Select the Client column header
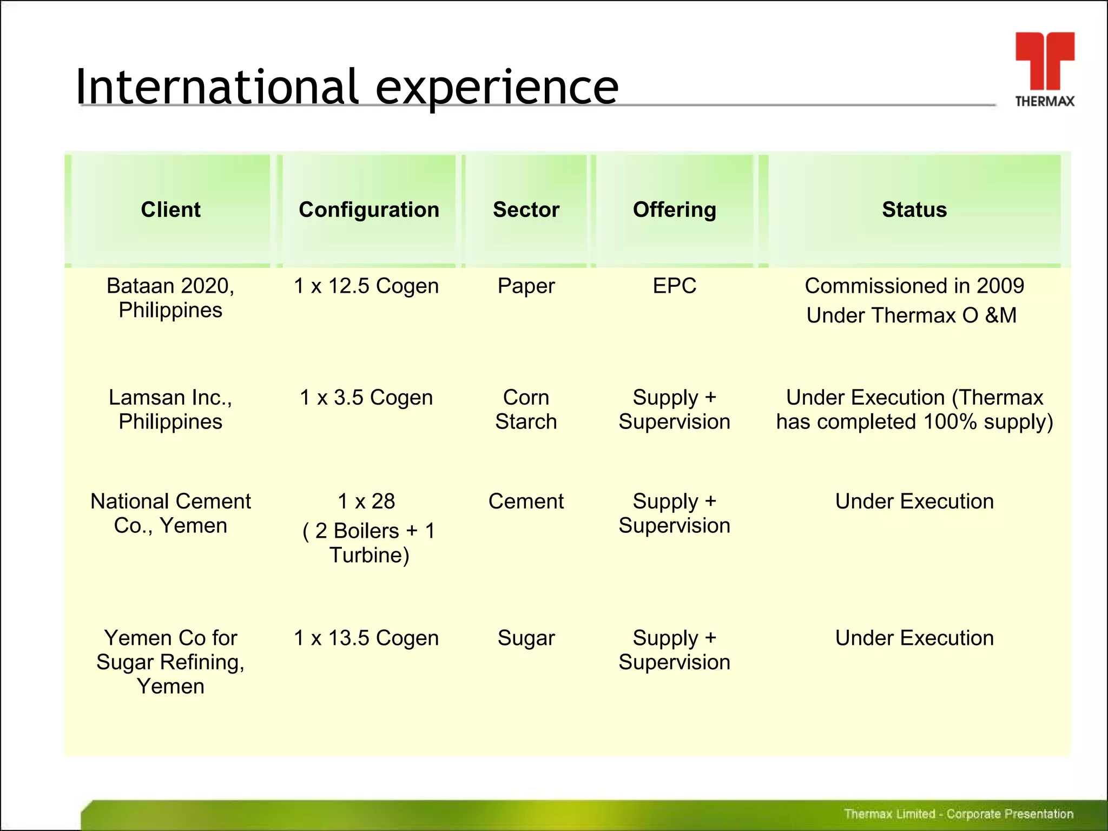[170, 210]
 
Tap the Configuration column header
[369, 210]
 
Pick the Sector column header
[526, 210]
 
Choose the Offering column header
[675, 210]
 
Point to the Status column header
[914, 210]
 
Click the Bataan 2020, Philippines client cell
[170, 298]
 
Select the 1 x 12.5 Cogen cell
[366, 286]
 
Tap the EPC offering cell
[675, 286]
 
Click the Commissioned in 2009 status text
[914, 286]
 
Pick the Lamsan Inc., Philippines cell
[170, 410]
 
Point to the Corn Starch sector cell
[526, 410]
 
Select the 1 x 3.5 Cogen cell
[366, 398]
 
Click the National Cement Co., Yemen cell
[170, 513]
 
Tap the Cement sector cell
[526, 502]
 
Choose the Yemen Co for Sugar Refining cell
[170, 662]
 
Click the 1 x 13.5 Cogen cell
[366, 638]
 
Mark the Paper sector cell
[526, 286]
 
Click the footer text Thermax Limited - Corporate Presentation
[958, 814]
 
